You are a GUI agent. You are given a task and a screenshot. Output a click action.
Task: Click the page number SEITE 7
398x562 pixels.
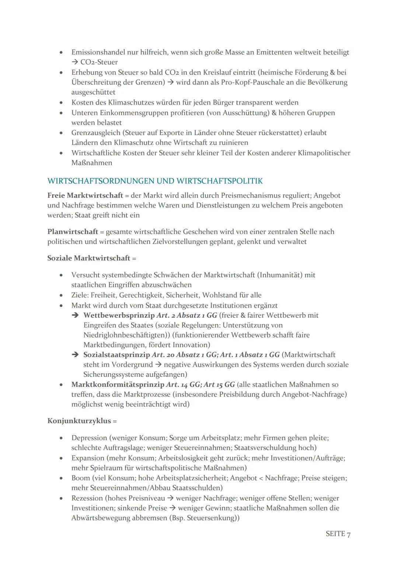pyautogui.click(x=338, y=534)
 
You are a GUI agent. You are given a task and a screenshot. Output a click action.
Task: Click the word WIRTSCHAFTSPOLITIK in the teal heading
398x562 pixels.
pyautogui.click(x=220, y=181)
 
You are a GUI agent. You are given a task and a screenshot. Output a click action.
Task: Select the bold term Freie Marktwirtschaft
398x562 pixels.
pyautogui.click(x=85, y=195)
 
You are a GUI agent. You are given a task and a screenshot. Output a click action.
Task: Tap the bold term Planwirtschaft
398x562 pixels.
pyautogui.click(x=73, y=232)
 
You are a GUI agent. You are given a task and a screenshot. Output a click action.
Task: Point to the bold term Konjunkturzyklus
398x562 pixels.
pyautogui.click(x=79, y=421)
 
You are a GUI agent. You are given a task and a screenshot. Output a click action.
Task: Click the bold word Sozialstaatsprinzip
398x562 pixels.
pyautogui.click(x=117, y=355)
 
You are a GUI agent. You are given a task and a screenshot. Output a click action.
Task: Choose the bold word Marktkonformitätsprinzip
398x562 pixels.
pyautogui.click(x=118, y=385)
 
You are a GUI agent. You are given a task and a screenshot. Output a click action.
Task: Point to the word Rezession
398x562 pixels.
pyautogui.click(x=87, y=498)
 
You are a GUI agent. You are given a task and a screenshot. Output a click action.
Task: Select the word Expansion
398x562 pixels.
pyautogui.click(x=88, y=458)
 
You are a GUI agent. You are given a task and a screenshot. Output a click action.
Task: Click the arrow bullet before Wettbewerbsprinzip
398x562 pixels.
pyautogui.click(x=75, y=315)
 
